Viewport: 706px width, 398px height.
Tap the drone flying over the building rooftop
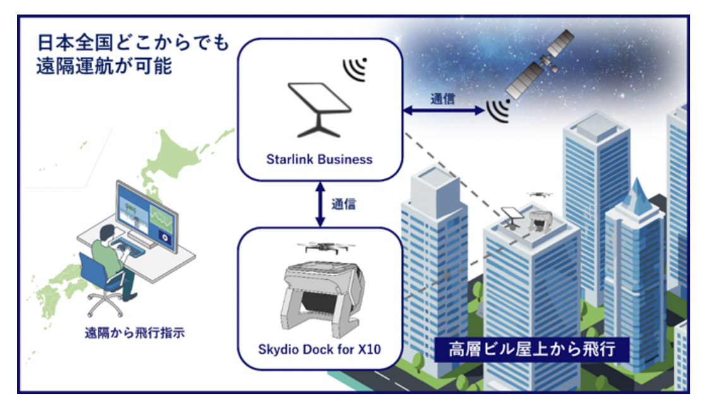click(537, 195)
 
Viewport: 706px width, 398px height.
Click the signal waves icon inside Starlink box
click(356, 69)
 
